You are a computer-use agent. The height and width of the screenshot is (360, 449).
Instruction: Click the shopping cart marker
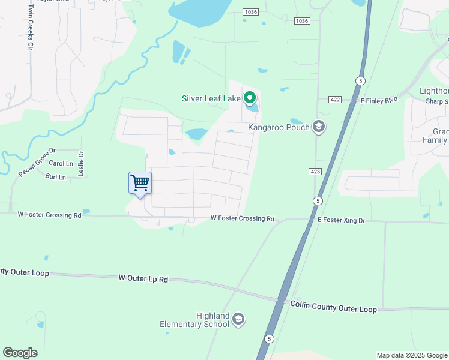coord(140,183)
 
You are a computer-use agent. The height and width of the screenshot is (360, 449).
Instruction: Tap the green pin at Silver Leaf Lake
coord(250,97)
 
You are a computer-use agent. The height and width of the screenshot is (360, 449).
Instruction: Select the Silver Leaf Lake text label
coord(211,98)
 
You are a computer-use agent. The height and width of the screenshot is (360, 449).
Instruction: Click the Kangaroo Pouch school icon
coord(318,127)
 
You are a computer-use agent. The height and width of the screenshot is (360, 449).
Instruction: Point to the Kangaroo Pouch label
coord(279,127)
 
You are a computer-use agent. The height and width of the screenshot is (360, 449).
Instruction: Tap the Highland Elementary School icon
coord(238,319)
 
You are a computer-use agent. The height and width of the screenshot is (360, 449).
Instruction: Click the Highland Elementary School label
coord(195,320)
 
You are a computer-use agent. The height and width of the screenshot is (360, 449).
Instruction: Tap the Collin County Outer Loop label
coord(333,307)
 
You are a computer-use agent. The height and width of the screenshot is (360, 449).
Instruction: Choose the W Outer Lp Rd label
coord(143,278)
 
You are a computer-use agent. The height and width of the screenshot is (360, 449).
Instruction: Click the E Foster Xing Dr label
coord(341,221)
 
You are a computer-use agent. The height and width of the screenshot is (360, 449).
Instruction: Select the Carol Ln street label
coord(61,163)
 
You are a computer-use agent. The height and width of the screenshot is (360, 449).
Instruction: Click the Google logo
coord(20,353)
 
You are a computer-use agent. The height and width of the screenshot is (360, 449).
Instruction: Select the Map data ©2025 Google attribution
coord(412,355)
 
